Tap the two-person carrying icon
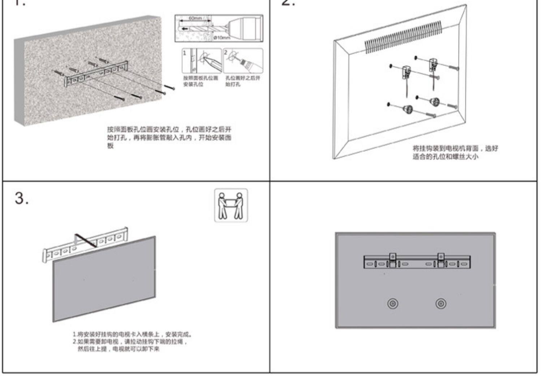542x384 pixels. [x=231, y=205]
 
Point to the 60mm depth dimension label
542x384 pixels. [x=195, y=18]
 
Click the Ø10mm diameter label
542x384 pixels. [x=221, y=38]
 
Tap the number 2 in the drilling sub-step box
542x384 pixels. [x=226, y=52]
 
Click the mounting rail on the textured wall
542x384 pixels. [x=96, y=74]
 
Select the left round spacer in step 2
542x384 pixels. [x=408, y=108]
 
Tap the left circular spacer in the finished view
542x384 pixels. [x=393, y=303]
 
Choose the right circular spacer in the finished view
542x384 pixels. [x=440, y=303]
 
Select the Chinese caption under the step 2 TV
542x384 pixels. [x=455, y=152]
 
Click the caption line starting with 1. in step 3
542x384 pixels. [x=132, y=334]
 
